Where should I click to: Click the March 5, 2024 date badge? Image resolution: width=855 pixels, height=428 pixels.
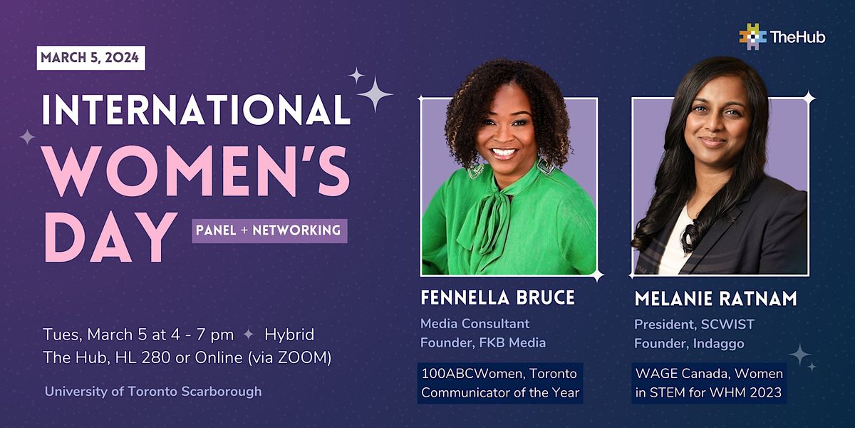(x=91, y=58)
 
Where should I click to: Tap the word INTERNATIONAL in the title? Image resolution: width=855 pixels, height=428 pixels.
(x=196, y=110)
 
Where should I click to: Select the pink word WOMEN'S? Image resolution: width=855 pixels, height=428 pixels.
(x=197, y=172)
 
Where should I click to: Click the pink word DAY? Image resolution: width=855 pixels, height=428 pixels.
(x=110, y=238)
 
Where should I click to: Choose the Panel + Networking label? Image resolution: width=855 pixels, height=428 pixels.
(x=269, y=231)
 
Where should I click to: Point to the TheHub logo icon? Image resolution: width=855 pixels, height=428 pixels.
(x=752, y=36)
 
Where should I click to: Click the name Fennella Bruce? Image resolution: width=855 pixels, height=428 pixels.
(x=498, y=297)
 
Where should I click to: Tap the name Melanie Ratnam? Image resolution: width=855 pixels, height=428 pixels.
(x=715, y=299)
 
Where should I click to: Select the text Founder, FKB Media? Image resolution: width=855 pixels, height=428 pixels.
(x=483, y=342)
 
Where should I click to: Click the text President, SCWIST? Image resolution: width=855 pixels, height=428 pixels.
(x=694, y=325)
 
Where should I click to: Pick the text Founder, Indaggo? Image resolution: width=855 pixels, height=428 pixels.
(x=689, y=344)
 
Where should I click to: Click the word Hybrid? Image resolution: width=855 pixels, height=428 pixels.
(x=289, y=335)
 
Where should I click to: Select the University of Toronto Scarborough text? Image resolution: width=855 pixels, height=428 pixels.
(x=153, y=392)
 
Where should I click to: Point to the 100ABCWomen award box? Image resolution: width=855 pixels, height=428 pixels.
(x=500, y=383)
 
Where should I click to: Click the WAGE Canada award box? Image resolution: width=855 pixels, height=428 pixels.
(x=709, y=383)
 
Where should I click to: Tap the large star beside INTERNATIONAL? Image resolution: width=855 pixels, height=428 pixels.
(x=375, y=94)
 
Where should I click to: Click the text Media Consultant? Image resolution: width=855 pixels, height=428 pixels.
(x=475, y=324)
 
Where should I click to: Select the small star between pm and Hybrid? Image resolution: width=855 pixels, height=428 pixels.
(x=249, y=335)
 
